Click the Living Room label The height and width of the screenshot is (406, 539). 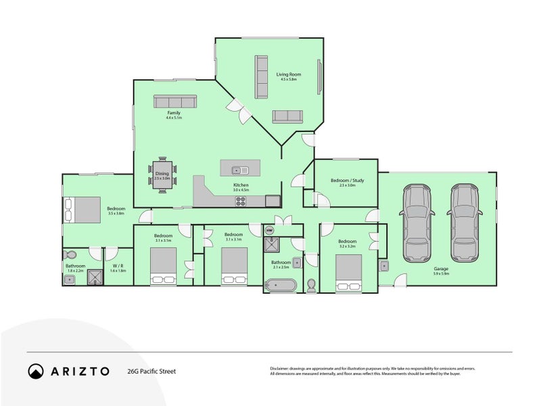(x=289, y=74)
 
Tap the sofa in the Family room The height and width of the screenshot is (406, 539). (x=174, y=101)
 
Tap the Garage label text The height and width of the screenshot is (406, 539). (x=442, y=270)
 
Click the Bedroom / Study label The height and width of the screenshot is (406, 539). (x=346, y=181)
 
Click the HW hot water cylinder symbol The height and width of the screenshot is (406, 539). (x=270, y=231)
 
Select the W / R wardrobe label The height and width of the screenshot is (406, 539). (x=117, y=266)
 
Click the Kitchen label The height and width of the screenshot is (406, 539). (x=241, y=185)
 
